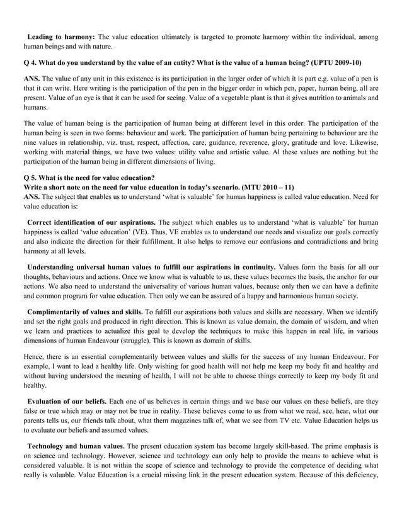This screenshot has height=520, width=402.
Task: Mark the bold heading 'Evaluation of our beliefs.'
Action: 67,402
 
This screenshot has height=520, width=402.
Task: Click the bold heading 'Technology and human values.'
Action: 76,446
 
